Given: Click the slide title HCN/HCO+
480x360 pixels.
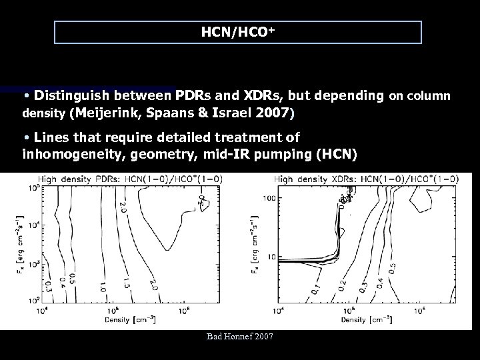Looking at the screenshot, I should (238, 31).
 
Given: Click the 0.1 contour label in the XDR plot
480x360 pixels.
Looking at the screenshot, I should (313, 291).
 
